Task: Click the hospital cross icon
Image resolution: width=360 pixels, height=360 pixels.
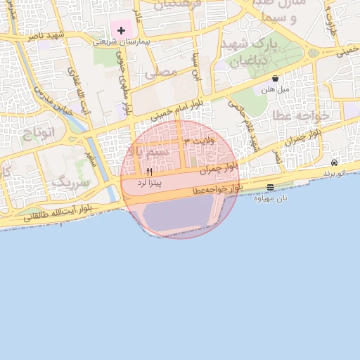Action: click(122, 30)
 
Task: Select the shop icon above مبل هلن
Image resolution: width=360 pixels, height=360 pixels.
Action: click(274, 79)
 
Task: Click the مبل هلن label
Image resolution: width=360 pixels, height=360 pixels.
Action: click(275, 89)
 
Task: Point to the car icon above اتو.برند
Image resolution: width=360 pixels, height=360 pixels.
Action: click(334, 162)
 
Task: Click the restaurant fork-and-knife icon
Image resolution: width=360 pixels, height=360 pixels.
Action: click(149, 172)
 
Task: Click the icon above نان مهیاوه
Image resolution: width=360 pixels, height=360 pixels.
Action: click(271, 187)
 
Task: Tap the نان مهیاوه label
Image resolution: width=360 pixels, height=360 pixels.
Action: click(271, 198)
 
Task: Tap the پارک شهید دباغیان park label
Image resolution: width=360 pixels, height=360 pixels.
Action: click(250, 52)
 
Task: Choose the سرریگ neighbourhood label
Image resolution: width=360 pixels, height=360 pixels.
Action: click(70, 184)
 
